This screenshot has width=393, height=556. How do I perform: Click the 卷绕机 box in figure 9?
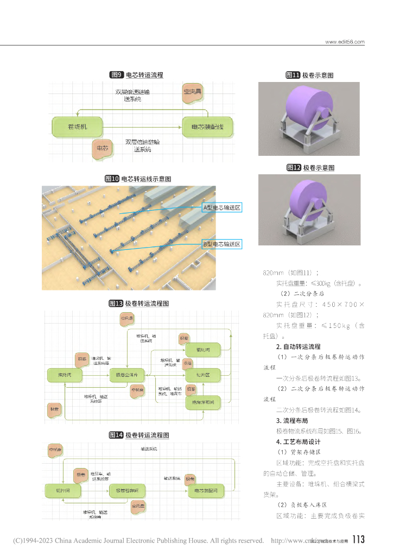[78, 127]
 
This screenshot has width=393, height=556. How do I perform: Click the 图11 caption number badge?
[293, 75]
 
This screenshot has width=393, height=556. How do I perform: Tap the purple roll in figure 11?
[308, 111]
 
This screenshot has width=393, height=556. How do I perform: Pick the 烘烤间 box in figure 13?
[64, 375]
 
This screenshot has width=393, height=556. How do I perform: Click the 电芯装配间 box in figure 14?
[206, 491]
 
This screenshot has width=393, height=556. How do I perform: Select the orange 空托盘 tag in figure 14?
[138, 506]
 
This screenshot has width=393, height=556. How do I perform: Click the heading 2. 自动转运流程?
[298, 346]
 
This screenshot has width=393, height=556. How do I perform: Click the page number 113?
[358, 540]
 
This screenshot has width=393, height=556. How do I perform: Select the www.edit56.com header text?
[345, 42]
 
